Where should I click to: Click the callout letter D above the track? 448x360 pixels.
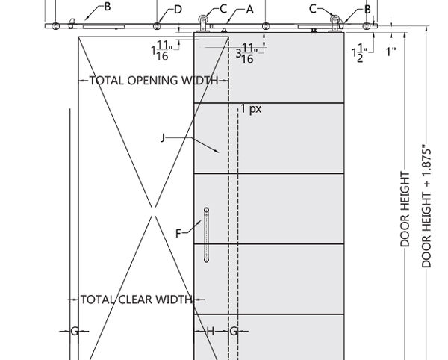pos(178,10)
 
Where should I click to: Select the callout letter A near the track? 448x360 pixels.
pos(249,10)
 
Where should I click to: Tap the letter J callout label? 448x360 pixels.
pos(163,138)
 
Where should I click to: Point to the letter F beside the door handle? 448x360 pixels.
pos(178,234)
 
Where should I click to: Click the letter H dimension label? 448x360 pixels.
pos(211,331)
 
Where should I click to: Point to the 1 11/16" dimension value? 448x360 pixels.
pos(162,50)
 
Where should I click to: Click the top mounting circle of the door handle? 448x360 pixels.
pos(206,211)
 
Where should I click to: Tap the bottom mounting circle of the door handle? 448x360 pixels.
pos(206,260)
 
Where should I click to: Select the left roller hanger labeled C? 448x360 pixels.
pos(203,23)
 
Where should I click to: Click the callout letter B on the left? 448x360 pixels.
pos(108,7)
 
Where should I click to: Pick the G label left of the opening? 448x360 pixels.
pos(74,331)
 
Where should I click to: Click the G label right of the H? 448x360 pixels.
pos(234,331)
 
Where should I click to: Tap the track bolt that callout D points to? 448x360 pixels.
pos(157,26)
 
